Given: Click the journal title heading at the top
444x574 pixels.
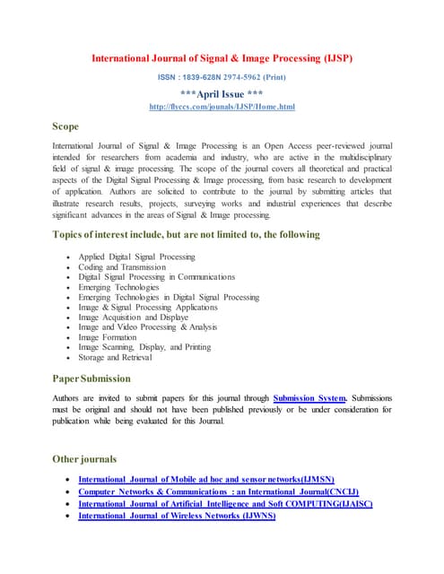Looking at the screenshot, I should click(x=222, y=58).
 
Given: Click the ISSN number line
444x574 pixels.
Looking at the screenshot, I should click(x=222, y=77).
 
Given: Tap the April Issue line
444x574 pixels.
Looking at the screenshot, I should click(x=222, y=93).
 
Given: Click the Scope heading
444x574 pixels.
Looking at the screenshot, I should click(x=65, y=126).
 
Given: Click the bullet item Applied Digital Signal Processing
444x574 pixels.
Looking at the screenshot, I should click(x=136, y=257).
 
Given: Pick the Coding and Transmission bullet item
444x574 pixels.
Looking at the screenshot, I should click(x=122, y=266).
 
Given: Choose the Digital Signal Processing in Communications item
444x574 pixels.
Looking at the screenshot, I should click(x=156, y=276).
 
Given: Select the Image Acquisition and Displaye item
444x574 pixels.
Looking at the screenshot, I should click(x=133, y=317).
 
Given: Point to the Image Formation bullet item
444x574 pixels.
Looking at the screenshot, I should click(x=110, y=337).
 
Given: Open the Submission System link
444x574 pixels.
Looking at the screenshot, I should click(x=309, y=397).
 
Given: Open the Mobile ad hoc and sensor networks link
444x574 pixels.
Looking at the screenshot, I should click(x=205, y=480).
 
